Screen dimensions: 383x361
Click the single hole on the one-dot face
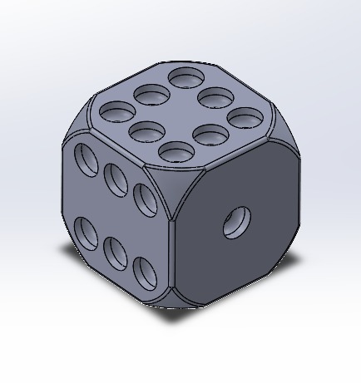click(236, 222)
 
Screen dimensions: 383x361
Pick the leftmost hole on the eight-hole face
click(116, 110)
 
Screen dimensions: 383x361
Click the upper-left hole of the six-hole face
click(86, 156)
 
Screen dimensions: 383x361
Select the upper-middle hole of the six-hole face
click(115, 176)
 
